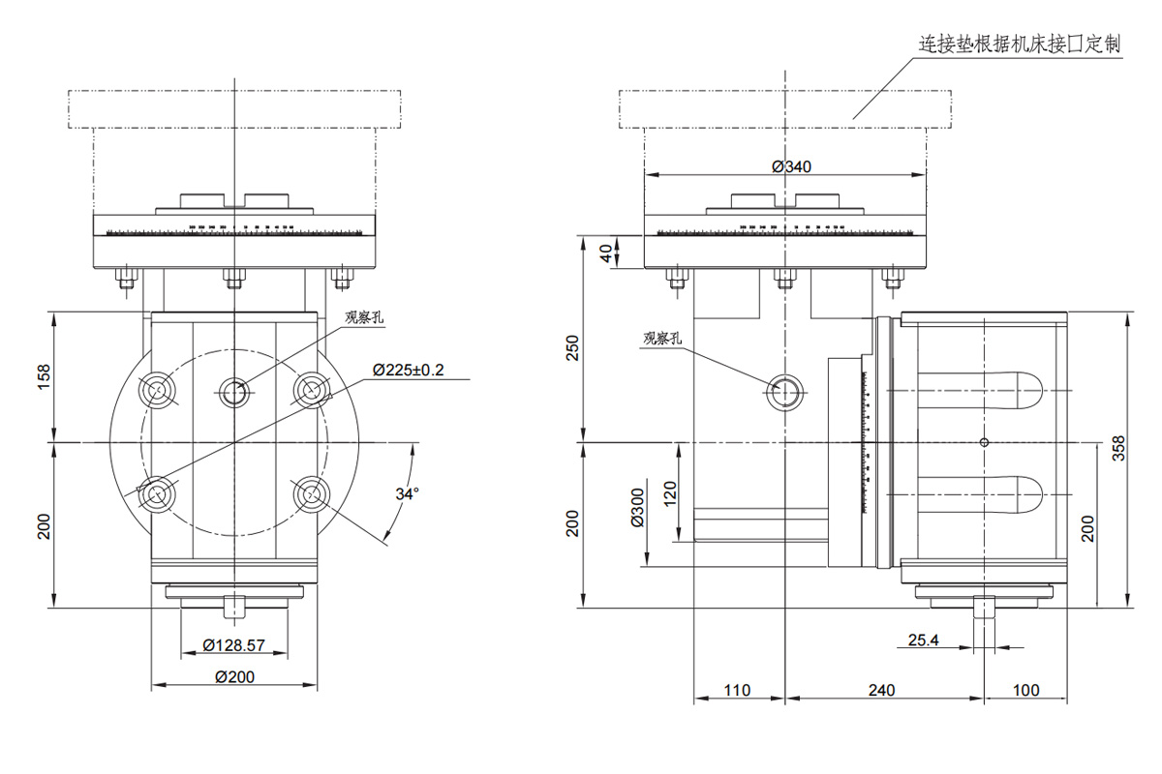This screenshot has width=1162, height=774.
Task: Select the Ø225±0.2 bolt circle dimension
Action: tap(409, 370)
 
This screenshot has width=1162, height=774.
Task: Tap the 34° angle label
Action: tap(408, 494)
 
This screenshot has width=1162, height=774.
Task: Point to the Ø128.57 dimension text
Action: tap(232, 644)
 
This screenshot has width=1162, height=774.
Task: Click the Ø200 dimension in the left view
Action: tap(233, 676)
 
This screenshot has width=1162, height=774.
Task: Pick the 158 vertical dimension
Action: tap(44, 376)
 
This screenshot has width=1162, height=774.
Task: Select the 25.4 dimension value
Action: tap(924, 640)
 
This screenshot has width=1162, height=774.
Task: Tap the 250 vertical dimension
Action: tap(572, 348)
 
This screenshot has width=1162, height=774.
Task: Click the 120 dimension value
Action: tap(669, 497)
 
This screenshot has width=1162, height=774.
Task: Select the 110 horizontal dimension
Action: tap(738, 690)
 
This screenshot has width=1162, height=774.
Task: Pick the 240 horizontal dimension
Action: tap(881, 690)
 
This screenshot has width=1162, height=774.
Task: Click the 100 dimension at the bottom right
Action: tap(1025, 690)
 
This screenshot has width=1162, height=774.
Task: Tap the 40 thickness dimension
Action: tap(607, 253)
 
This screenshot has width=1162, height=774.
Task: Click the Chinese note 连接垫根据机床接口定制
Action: tap(1019, 45)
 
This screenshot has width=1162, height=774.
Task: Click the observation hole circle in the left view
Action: tap(233, 392)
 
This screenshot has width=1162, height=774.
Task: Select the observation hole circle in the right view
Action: tap(785, 392)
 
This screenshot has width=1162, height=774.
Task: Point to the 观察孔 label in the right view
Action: tap(663, 338)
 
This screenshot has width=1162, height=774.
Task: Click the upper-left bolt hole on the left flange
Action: tap(156, 389)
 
